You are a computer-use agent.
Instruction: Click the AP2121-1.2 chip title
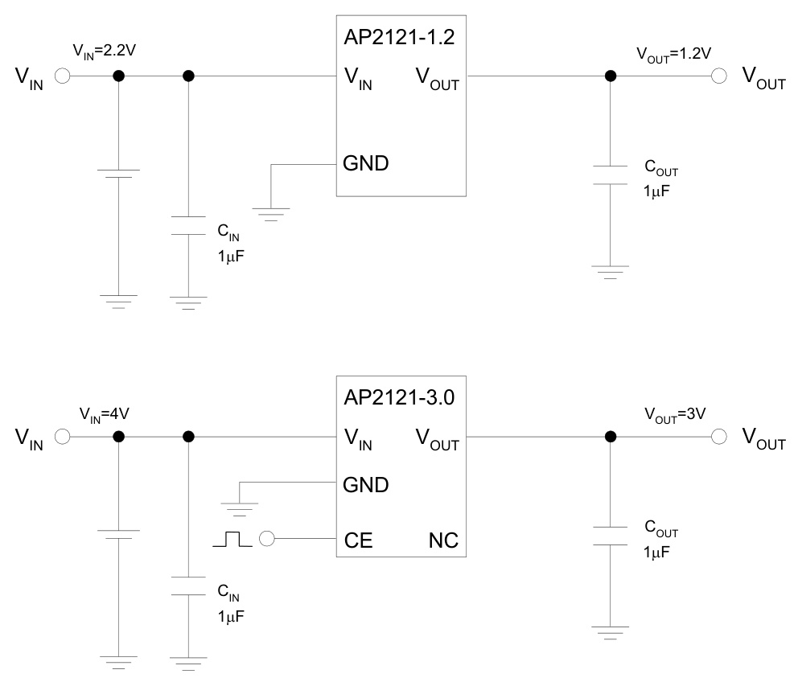pyautogui.click(x=401, y=39)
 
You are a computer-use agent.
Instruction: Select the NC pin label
pyautogui.click(x=442, y=540)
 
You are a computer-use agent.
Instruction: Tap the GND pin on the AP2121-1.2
pyautogui.click(x=366, y=163)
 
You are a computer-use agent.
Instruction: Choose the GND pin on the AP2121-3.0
pyautogui.click(x=366, y=484)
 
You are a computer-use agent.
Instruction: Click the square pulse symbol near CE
pyautogui.click(x=232, y=540)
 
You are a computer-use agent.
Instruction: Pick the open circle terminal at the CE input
pyautogui.click(x=266, y=540)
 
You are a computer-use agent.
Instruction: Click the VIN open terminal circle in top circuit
pyautogui.click(x=63, y=76)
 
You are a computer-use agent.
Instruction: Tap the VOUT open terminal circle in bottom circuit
pyautogui.click(x=720, y=437)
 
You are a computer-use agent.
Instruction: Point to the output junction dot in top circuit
pyautogui.click(x=611, y=76)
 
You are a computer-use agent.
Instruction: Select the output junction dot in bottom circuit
pyautogui.click(x=611, y=437)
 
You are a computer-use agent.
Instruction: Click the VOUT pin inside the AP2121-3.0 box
pyautogui.click(x=437, y=439)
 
